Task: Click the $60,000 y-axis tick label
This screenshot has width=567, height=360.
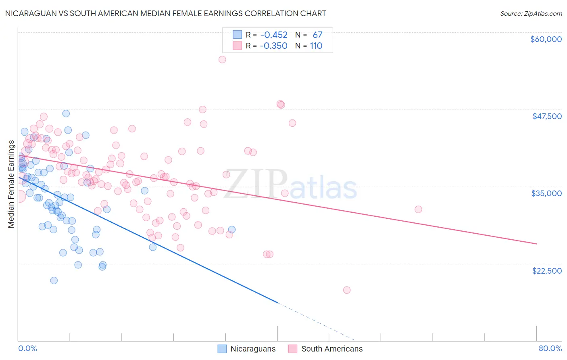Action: click(546, 39)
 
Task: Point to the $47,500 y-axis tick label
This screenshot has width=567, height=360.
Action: click(547, 116)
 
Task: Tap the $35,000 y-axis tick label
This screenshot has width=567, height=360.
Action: click(546, 193)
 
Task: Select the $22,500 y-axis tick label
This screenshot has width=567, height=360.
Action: click(547, 271)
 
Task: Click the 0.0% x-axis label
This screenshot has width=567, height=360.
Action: click(27, 348)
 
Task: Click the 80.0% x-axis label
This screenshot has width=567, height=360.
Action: click(550, 348)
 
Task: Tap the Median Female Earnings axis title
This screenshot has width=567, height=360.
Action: click(11, 184)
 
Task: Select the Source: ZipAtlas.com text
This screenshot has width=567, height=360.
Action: click(531, 13)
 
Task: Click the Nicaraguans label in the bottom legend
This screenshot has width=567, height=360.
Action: click(253, 349)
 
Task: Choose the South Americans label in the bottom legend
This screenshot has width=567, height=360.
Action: click(332, 349)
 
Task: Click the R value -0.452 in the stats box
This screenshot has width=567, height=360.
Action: click(274, 35)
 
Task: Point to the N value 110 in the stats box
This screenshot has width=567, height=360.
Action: click(316, 46)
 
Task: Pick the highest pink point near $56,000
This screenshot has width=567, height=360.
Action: click(222, 59)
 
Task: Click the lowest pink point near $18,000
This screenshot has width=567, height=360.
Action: click(346, 290)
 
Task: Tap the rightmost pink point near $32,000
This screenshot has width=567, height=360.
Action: click(418, 209)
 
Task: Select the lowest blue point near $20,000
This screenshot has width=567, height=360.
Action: click(54, 280)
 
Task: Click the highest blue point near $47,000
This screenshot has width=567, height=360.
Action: click(66, 113)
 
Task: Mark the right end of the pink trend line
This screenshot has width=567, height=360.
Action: click(536, 244)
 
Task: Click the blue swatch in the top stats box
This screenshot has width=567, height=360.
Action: click(237, 35)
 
